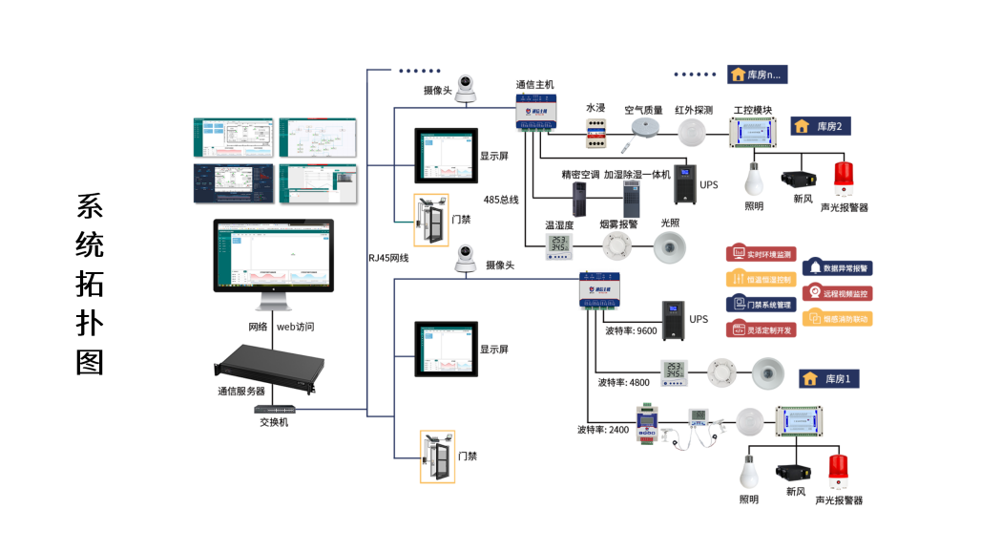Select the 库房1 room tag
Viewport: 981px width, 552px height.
829,379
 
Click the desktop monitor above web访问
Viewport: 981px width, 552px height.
275,258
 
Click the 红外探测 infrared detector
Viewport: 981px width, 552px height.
694,133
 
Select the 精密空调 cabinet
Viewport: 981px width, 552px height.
579,199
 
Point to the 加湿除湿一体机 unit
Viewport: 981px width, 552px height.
631,200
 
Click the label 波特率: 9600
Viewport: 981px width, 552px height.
631,331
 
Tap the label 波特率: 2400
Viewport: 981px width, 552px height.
604,429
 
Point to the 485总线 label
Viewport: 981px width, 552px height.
501,200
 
